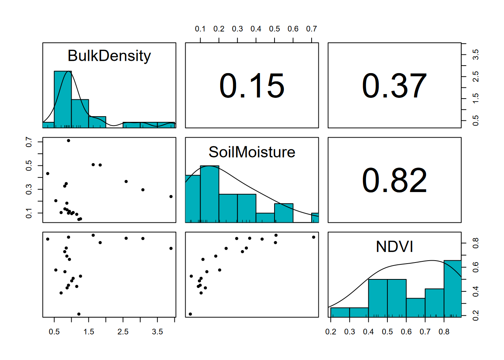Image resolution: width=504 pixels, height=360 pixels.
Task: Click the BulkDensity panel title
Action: pos(109,56)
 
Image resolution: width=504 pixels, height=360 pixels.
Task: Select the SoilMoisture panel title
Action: pos(252,152)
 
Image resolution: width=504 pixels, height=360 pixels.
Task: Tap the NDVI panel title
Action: pos(394,247)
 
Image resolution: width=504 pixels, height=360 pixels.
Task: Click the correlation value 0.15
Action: pos(252,86)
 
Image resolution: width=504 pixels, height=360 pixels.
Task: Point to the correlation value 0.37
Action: pos(394,86)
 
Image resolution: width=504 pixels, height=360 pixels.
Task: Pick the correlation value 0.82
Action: pos(394,180)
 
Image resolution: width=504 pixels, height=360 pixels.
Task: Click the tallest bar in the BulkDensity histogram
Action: pos(63,99)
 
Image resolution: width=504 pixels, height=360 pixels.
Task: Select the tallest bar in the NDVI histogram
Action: pos(453,289)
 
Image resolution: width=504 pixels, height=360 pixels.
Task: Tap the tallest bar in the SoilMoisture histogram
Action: pos(209,194)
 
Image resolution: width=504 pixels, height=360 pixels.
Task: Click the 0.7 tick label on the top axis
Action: pos(311,29)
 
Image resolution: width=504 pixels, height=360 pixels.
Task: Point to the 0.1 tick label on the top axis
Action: pos(200,29)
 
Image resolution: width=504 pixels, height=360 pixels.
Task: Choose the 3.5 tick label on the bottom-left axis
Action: pos(157,332)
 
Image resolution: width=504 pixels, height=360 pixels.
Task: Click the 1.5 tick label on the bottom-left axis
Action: pos(89,332)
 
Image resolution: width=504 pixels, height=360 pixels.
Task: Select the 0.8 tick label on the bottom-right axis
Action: pos(444,332)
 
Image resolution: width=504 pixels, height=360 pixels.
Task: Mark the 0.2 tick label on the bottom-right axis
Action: pos(331,332)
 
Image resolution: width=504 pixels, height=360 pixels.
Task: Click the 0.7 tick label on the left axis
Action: pos(29,142)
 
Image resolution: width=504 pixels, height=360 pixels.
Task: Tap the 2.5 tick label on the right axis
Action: pos(475,76)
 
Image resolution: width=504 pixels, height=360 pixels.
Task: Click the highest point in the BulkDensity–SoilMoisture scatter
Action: pos(69,141)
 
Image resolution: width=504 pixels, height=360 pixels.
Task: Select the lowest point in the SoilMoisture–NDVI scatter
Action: pos(190,314)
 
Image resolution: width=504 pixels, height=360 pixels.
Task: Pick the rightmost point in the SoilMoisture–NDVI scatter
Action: pos(313,237)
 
